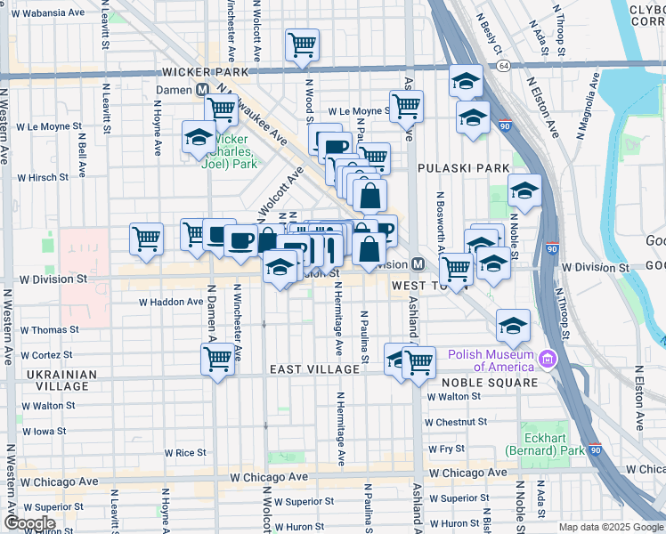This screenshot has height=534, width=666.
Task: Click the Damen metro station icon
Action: [x=203, y=90]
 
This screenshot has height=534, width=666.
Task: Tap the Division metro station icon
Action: [x=417, y=264]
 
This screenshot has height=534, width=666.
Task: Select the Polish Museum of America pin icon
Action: [x=547, y=359]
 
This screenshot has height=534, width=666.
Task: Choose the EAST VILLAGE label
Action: [x=307, y=368]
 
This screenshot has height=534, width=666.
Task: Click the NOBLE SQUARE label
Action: [x=489, y=383]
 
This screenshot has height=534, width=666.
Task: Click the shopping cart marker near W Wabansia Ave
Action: [x=303, y=44]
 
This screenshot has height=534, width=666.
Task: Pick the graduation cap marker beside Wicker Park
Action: [x=198, y=137]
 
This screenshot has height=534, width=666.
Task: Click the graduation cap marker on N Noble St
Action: [x=524, y=190]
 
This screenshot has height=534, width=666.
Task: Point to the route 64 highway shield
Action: [x=504, y=67]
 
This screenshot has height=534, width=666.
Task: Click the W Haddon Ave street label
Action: [x=171, y=302]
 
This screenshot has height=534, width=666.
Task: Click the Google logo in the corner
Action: [x=30, y=523]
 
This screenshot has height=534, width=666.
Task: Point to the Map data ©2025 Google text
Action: [x=610, y=527]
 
